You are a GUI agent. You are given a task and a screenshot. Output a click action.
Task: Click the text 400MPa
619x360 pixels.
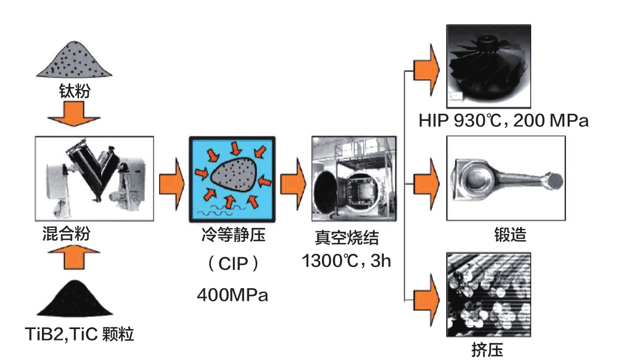click(x=232, y=295)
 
